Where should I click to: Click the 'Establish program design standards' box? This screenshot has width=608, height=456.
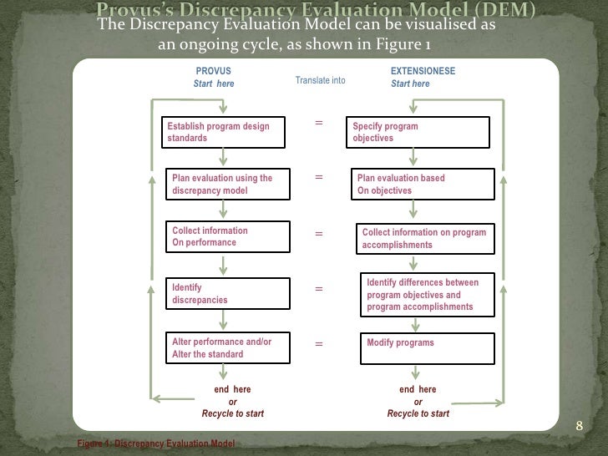pyautogui.click(x=225, y=132)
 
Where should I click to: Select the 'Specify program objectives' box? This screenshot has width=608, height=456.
pyautogui.click(x=418, y=132)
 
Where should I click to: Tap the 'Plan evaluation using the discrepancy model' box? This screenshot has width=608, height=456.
pyautogui.click(x=225, y=184)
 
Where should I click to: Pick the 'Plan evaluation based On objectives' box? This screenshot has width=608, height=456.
pyautogui.click(x=420, y=184)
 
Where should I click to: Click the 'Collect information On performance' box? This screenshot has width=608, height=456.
pyautogui.click(x=225, y=236)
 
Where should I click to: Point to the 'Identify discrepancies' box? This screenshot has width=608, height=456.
pyautogui.click(x=225, y=293)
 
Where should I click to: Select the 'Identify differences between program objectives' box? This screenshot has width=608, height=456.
pyautogui.click(x=426, y=295)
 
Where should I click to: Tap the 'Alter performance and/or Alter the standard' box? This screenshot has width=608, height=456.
pyautogui.click(x=225, y=348)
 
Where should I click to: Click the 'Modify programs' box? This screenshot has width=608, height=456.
pyautogui.click(x=426, y=348)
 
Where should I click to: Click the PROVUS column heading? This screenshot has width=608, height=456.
pyautogui.click(x=213, y=72)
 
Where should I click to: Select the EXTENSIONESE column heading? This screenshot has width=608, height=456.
pyautogui.click(x=423, y=72)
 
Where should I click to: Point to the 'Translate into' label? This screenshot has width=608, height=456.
pyautogui.click(x=320, y=80)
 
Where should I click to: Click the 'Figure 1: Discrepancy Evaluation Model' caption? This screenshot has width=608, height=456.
pyautogui.click(x=155, y=443)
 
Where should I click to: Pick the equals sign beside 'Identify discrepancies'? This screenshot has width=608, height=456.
pyautogui.click(x=318, y=289)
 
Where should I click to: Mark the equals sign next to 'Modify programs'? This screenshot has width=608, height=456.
pyautogui.click(x=318, y=343)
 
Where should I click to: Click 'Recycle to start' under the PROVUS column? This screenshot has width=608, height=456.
pyautogui.click(x=232, y=413)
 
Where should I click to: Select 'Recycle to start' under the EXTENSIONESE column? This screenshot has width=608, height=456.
pyautogui.click(x=418, y=413)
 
